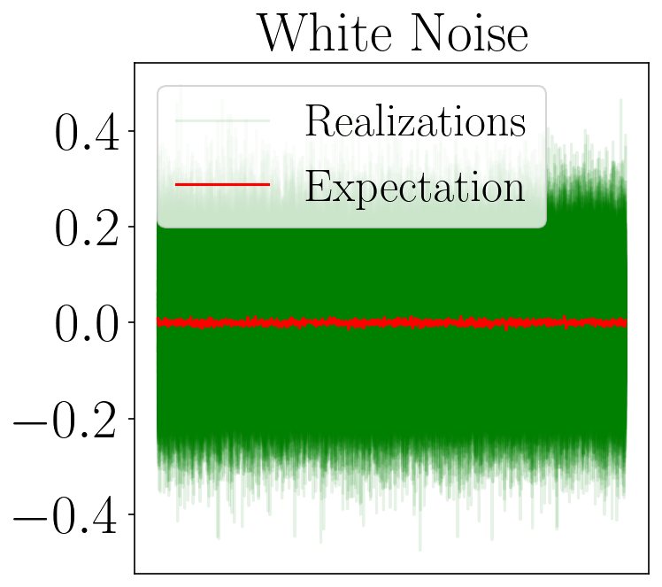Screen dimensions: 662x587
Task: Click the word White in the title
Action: click(x=324, y=33)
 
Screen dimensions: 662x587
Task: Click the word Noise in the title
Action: click(x=469, y=33)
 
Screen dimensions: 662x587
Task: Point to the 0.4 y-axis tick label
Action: click(x=87, y=132)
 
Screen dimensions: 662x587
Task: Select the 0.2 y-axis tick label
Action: click(x=87, y=228)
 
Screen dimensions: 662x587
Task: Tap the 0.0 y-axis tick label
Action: click(x=87, y=324)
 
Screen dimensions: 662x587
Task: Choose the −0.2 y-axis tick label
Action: click(x=65, y=420)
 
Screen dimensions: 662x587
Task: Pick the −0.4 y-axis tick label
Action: click(x=65, y=515)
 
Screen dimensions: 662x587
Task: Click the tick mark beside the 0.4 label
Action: click(x=131, y=131)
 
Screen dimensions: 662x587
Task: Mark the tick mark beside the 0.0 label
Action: click(x=131, y=322)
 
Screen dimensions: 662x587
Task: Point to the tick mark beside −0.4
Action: click(x=131, y=514)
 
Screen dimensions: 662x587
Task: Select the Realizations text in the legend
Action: click(x=415, y=121)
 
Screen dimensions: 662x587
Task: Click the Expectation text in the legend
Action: click(x=415, y=187)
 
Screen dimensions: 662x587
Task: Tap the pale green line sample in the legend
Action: click(x=222, y=121)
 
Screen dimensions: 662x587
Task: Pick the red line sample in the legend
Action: click(x=222, y=184)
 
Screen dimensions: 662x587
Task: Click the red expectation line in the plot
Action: click(x=392, y=322)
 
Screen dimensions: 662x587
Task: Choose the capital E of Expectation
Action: click(x=319, y=186)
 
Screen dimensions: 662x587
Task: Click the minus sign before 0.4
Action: click(x=31, y=517)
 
